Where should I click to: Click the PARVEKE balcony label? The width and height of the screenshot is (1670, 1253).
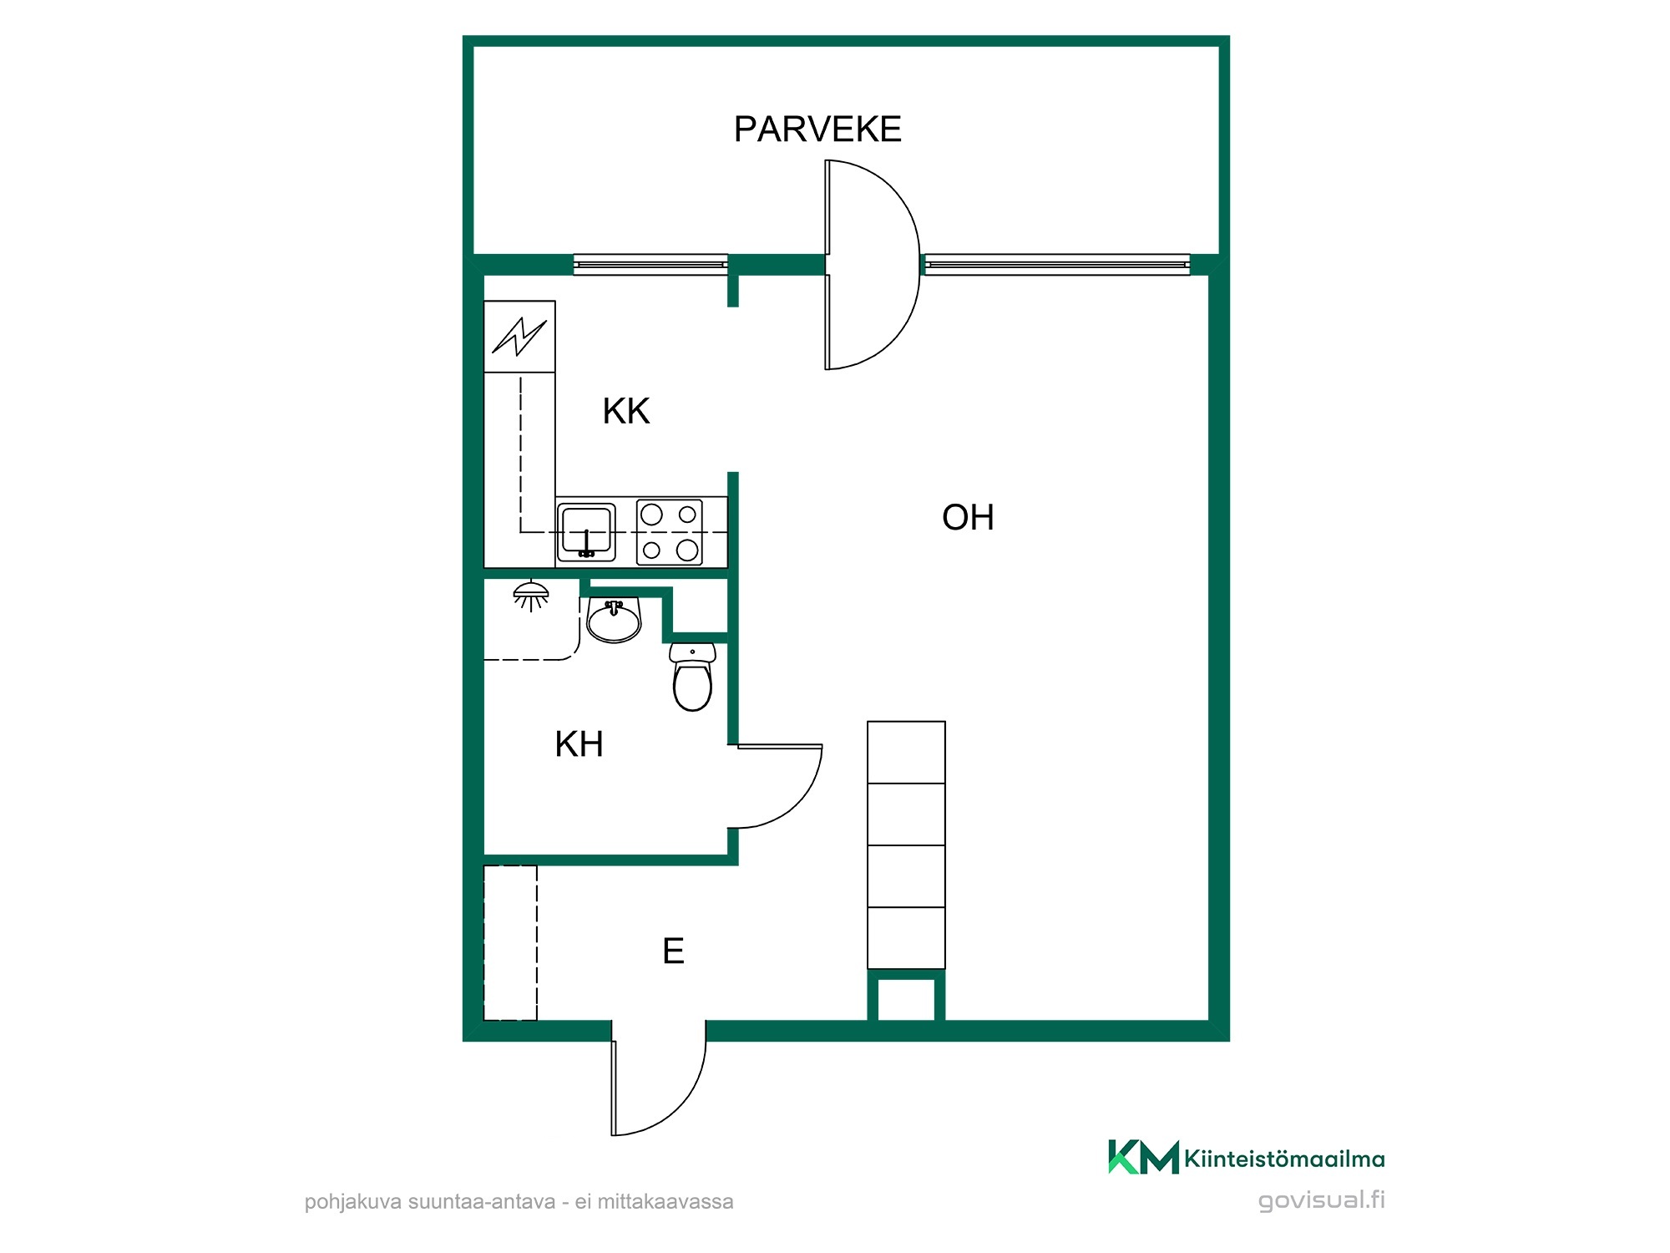pyautogui.click(x=817, y=129)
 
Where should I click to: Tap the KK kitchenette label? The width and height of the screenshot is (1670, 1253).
pyautogui.click(x=626, y=411)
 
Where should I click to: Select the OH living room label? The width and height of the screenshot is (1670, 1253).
pyautogui.click(x=968, y=518)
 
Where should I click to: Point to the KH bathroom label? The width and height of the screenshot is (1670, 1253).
pyautogui.click(x=579, y=744)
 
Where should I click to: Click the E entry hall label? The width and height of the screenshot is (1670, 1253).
pyautogui.click(x=673, y=951)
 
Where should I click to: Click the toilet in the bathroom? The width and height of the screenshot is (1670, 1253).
pyautogui.click(x=692, y=677)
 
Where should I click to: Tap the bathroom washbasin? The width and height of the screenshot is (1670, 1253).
pyautogui.click(x=614, y=619)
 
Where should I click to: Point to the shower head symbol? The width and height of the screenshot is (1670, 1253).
pyautogui.click(x=531, y=596)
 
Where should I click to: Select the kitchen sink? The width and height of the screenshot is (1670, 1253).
pyautogui.click(x=586, y=531)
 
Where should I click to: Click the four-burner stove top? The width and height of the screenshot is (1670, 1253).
pyautogui.click(x=670, y=532)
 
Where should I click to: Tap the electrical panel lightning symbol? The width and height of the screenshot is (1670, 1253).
pyautogui.click(x=519, y=337)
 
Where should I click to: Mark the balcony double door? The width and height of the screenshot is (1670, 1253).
pyautogui.click(x=873, y=265)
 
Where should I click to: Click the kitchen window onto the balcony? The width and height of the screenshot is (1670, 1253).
pyautogui.click(x=650, y=265)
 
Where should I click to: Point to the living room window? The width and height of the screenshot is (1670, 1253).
pyautogui.click(x=1057, y=265)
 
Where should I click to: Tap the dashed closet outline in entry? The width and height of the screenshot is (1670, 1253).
pyautogui.click(x=510, y=943)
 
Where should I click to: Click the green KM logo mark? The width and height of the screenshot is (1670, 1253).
pyautogui.click(x=1143, y=1158)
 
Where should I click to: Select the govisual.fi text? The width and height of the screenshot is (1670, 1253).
pyautogui.click(x=1321, y=1200)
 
